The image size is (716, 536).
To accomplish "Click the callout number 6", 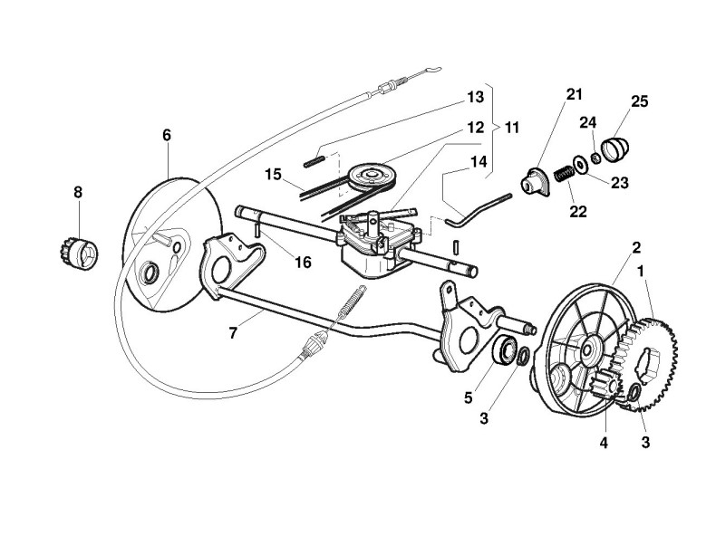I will click(167, 135).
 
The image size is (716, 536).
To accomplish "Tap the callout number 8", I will click(77, 192).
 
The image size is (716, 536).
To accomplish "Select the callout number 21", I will click(575, 95).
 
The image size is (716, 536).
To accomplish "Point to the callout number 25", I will click(640, 101).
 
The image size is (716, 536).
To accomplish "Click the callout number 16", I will click(303, 263).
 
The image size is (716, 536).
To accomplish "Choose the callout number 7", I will click(233, 333).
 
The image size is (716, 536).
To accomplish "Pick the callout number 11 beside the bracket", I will click(512, 128).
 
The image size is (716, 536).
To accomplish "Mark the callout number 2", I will click(637, 247).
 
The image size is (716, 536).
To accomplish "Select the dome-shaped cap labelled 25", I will click(619, 146).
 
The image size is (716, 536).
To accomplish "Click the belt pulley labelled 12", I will click(374, 173).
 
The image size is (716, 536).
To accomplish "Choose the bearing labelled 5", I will click(505, 349).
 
